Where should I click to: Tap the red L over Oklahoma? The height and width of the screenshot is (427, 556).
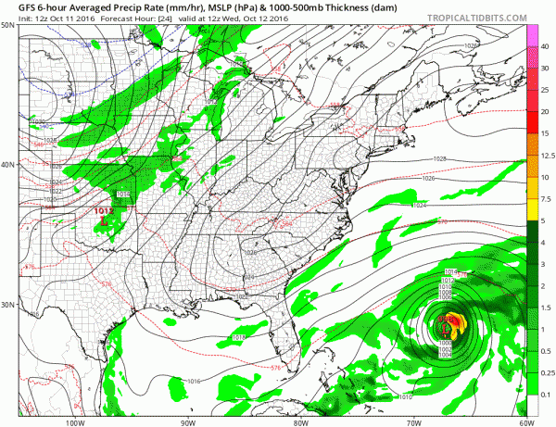point(104,223)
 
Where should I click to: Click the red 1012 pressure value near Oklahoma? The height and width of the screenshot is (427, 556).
point(104,212)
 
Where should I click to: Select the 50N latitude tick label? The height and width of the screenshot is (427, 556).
point(8,25)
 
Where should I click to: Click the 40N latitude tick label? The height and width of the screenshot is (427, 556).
point(8,165)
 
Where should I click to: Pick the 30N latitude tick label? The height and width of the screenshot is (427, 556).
point(8,305)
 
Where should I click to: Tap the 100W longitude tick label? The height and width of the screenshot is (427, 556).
point(76,420)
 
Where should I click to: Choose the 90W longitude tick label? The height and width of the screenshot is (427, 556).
point(189,420)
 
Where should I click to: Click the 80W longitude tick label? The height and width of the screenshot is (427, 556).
point(300,420)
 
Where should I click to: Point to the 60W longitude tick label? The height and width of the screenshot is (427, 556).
point(524,420)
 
